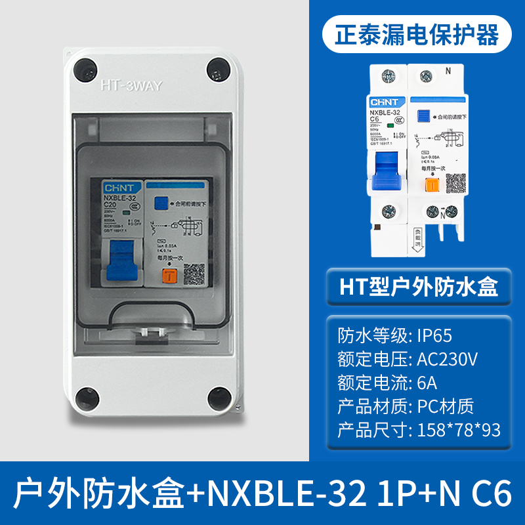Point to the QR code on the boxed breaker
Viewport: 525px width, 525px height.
point(192,271)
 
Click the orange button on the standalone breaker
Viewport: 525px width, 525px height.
point(431,184)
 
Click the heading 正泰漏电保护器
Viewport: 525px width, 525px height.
point(417,33)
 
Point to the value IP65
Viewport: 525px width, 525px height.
point(434,335)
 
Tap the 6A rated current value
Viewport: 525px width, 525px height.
point(427,383)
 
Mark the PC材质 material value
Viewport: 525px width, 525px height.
point(445,406)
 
